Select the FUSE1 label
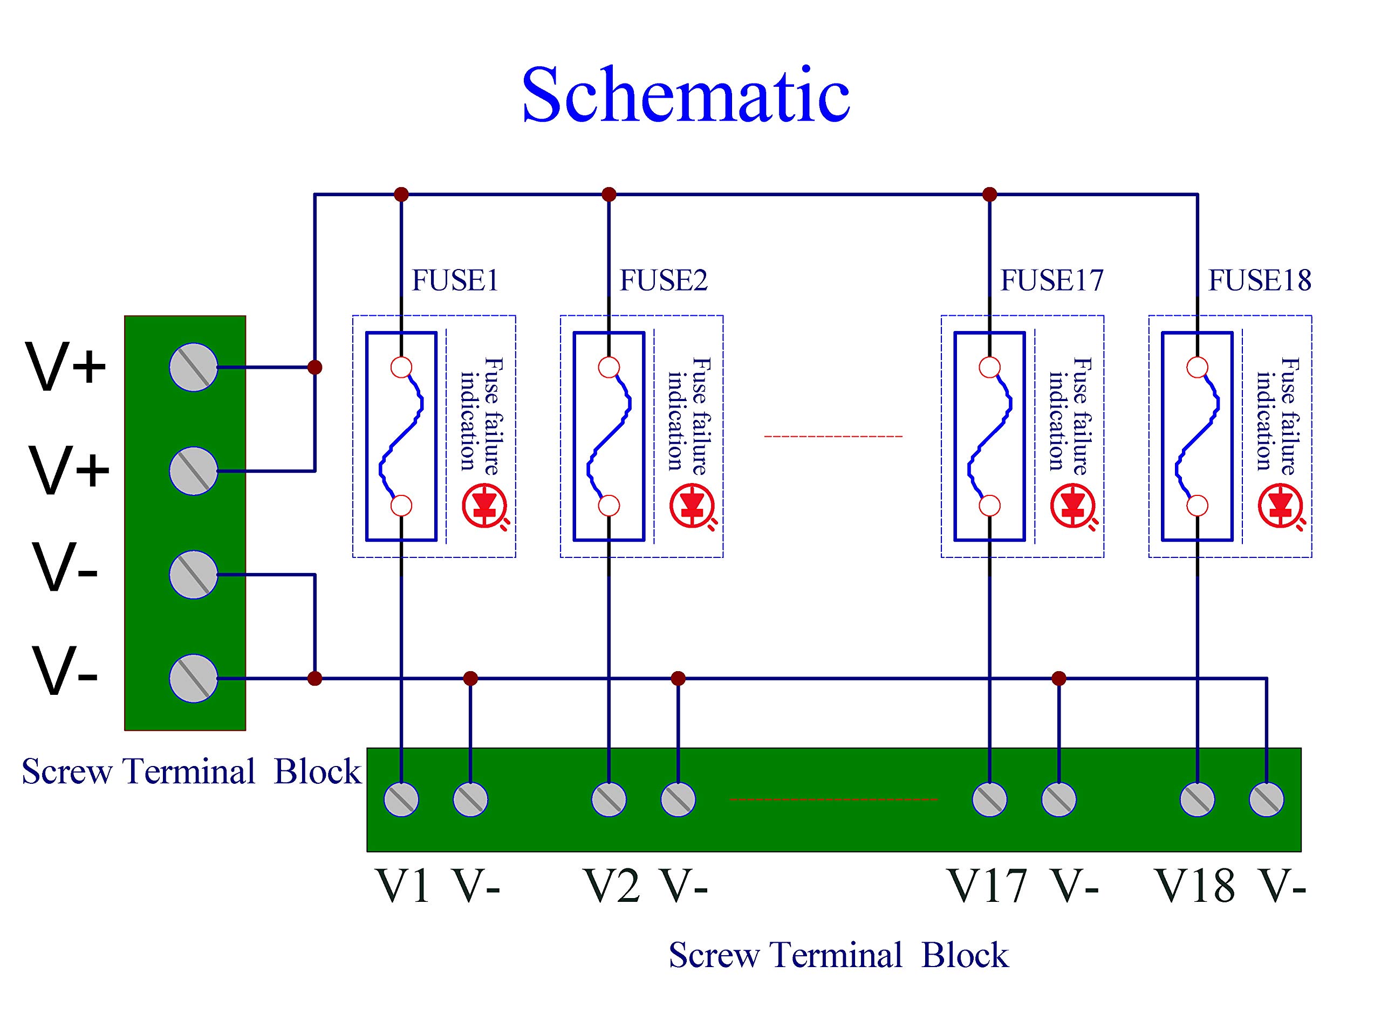click(455, 281)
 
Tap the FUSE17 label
click(1052, 281)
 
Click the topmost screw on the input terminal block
click(194, 368)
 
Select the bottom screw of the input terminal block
click(194, 679)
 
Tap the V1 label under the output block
click(404, 885)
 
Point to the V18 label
click(1195, 885)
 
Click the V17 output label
click(987, 885)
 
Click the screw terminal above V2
click(609, 799)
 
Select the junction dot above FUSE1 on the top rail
click(401, 195)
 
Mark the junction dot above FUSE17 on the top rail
click(989, 195)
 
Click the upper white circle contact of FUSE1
click(401, 368)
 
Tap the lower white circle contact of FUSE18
click(1197, 505)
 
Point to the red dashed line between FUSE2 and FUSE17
click(833, 436)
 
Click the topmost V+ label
click(66, 368)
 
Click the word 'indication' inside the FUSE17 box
click(1057, 421)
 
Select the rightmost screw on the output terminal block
click(1266, 799)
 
